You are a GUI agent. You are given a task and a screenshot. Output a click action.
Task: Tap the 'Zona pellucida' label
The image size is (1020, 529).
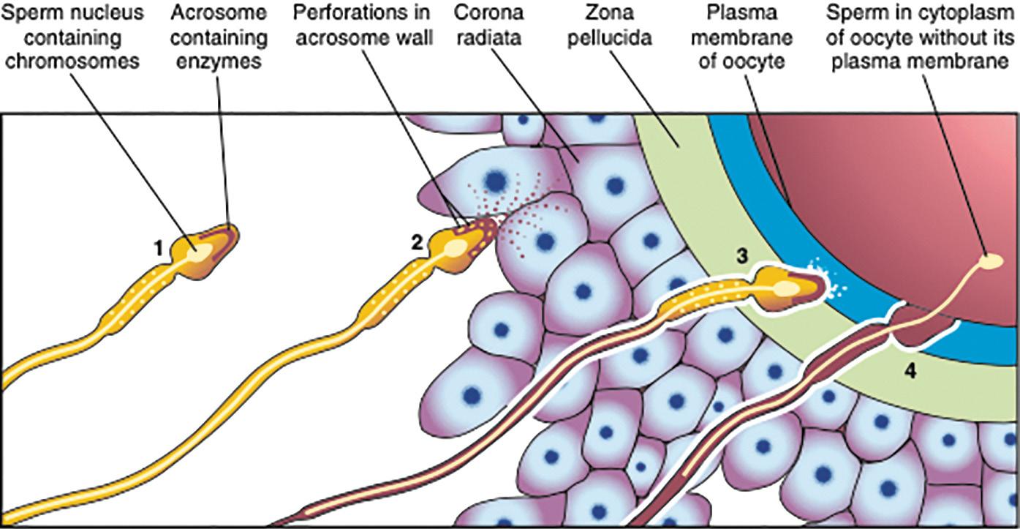(x=610, y=25)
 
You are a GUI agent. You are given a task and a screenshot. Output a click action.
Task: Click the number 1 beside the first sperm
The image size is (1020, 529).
(x=158, y=249)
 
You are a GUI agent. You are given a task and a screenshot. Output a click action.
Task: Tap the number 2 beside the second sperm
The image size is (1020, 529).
(x=417, y=242)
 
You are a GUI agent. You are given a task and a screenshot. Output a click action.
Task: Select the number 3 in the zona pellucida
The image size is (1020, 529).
(x=741, y=256)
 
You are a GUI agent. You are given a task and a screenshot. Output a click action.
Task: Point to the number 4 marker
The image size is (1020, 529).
(x=909, y=371)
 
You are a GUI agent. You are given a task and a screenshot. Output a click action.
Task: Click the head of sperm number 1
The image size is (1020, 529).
(x=205, y=249)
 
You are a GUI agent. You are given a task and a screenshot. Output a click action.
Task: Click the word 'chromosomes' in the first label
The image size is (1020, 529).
(x=72, y=61)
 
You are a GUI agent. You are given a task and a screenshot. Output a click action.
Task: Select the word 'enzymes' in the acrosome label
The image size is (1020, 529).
(x=220, y=61)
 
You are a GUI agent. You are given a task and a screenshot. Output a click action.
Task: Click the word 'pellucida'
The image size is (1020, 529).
(x=610, y=37)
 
